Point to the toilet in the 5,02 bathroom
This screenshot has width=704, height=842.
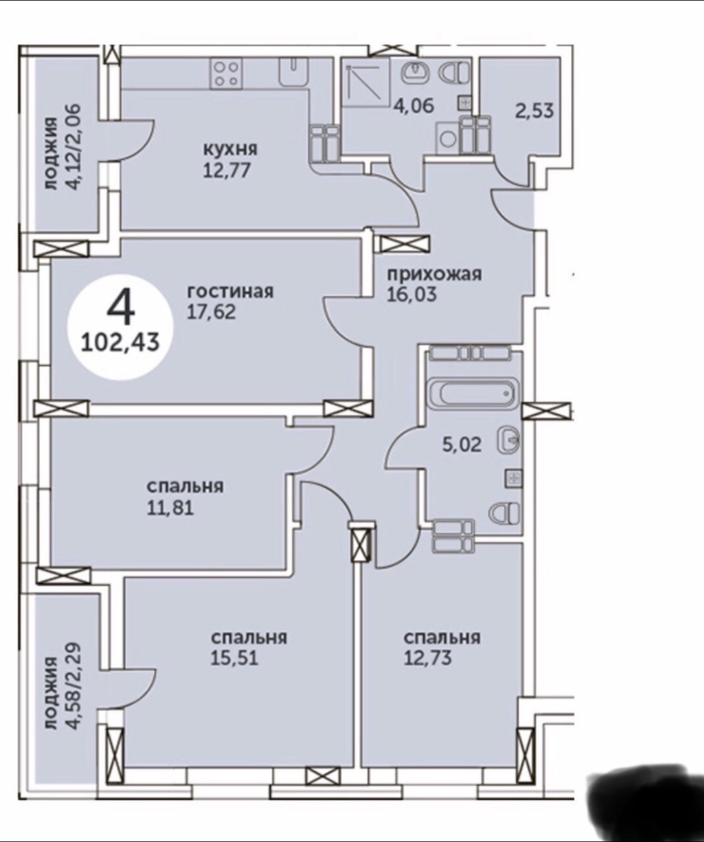point(505,511)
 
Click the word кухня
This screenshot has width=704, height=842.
point(229,149)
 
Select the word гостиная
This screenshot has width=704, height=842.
point(230,291)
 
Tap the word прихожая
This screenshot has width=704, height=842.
point(434,274)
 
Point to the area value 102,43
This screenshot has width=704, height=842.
point(121,342)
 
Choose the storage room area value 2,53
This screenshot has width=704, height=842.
point(533,110)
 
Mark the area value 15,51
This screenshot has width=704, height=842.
point(234,658)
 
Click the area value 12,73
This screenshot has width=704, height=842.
point(428,658)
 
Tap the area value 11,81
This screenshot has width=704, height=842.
point(170,507)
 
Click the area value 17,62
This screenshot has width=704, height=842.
point(211,310)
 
